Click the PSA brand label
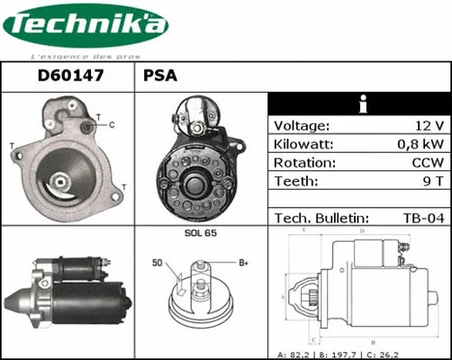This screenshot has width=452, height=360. pos(160,77)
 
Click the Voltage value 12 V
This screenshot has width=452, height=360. pos(428,126)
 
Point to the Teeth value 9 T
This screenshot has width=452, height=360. pos(430,181)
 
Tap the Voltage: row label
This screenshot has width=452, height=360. pos(302,126)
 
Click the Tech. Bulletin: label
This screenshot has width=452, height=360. pos(321,218)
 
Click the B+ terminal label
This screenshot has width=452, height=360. pos(242,263)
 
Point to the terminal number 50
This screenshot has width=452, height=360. pos(158,263)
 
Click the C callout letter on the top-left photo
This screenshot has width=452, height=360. pos(110,126)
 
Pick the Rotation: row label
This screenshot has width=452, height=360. pos(305,163)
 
